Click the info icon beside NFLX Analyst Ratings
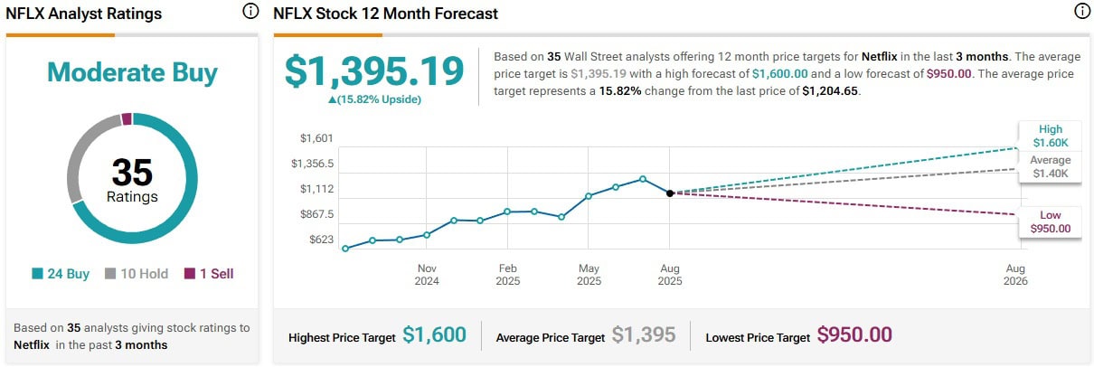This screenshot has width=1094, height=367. (x=250, y=13)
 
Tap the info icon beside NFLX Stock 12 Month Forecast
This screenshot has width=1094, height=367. (x=1081, y=13)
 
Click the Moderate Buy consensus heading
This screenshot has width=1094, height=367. (x=132, y=72)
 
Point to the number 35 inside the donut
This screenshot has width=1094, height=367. (x=132, y=172)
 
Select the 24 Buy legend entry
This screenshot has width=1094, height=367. (x=61, y=274)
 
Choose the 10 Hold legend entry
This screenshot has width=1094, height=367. (x=137, y=274)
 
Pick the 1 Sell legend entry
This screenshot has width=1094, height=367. (x=209, y=274)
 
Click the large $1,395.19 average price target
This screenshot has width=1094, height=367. (x=374, y=71)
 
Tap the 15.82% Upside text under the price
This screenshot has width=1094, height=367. (x=374, y=99)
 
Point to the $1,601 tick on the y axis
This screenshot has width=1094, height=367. (x=317, y=138)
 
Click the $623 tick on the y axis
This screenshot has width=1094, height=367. (x=321, y=240)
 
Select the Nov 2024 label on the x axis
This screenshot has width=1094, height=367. (x=427, y=274)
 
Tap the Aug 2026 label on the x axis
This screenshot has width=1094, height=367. (x=1015, y=274)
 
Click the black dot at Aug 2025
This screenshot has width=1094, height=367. (x=669, y=193)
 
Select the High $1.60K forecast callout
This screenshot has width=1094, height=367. (x=1051, y=136)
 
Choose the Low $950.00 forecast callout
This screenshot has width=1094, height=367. (x=1051, y=221)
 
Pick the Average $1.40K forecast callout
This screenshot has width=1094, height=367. (x=1051, y=166)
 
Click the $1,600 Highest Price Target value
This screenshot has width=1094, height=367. (x=435, y=335)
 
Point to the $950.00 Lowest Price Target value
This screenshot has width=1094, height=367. (x=854, y=335)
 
